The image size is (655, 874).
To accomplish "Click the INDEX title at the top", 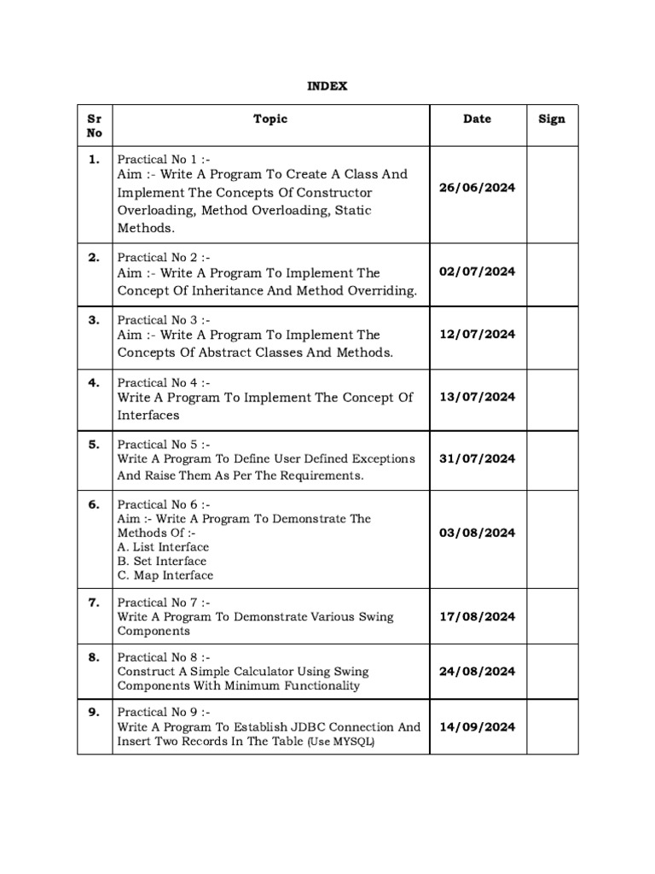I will [x=327, y=86].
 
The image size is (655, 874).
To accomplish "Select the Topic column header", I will [x=270, y=119].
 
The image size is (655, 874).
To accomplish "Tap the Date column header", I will [x=477, y=119].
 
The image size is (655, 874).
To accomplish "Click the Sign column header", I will [x=552, y=119].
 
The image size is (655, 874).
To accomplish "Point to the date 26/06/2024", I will [x=477, y=188].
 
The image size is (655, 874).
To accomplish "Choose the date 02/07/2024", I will [x=477, y=271].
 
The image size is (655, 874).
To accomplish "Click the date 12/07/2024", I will [x=477, y=335].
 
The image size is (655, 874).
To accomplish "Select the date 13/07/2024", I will [x=477, y=396].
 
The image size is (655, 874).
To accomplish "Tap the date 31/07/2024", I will [x=477, y=458].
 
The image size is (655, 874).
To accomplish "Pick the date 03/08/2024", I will [x=477, y=533].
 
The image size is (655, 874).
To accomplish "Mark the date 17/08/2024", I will [x=477, y=616].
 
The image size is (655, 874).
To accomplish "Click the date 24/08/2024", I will [x=477, y=671].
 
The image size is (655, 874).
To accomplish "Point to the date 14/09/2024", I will [x=477, y=726].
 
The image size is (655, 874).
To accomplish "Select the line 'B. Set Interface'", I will [x=162, y=561].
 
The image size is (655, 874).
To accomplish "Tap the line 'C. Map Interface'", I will [x=165, y=575].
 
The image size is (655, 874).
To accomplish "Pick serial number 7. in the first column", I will [x=94, y=602].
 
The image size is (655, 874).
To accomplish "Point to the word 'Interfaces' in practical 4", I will [x=148, y=415].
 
